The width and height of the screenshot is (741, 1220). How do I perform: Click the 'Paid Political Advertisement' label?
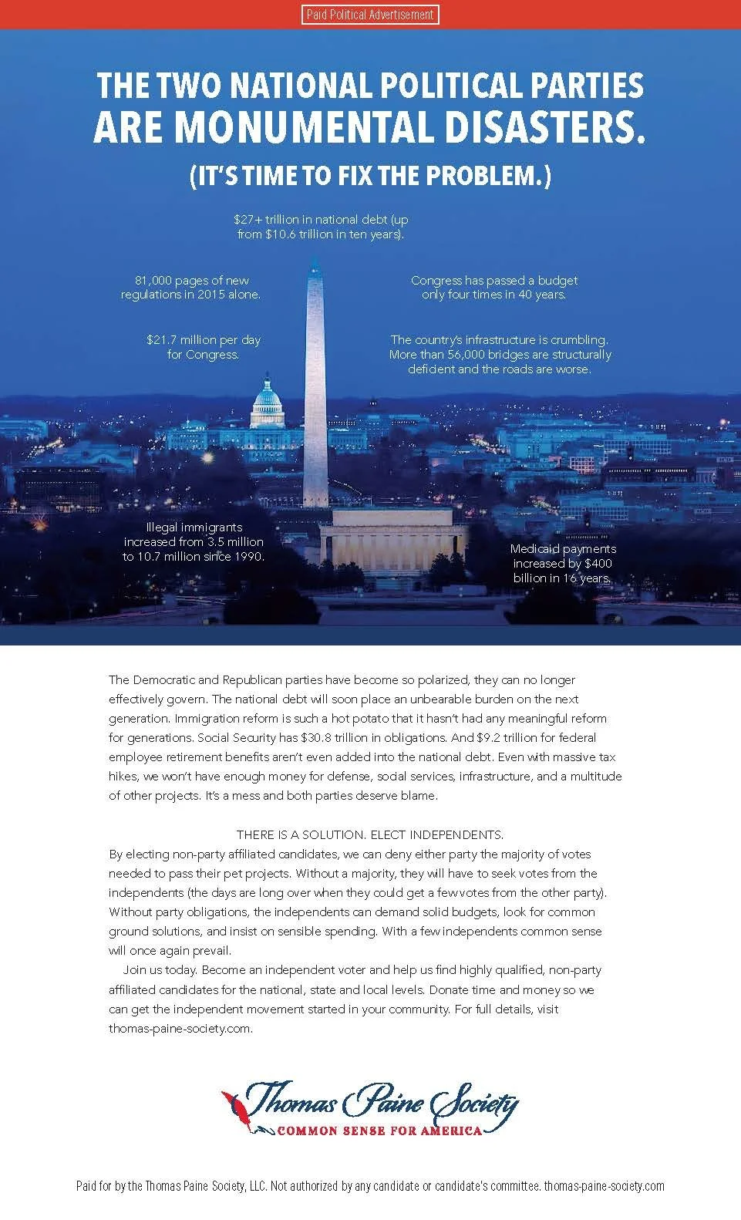(x=370, y=14)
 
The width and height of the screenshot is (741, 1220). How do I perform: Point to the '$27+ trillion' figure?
(x=270, y=220)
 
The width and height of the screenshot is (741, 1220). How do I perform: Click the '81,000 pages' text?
(x=169, y=281)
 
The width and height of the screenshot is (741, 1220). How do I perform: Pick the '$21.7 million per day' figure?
(x=204, y=339)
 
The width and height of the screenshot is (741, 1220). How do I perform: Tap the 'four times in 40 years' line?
(x=493, y=295)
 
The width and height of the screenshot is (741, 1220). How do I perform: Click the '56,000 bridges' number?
(x=477, y=355)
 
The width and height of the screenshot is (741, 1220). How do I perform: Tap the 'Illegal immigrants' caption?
(x=194, y=527)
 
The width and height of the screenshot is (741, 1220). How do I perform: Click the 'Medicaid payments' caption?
(x=563, y=549)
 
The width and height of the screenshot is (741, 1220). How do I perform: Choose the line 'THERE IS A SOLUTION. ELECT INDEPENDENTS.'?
(x=370, y=835)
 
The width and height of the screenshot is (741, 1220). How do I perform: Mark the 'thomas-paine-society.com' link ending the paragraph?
(x=180, y=1028)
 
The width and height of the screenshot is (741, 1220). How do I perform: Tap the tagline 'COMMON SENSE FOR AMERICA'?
(x=379, y=1131)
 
